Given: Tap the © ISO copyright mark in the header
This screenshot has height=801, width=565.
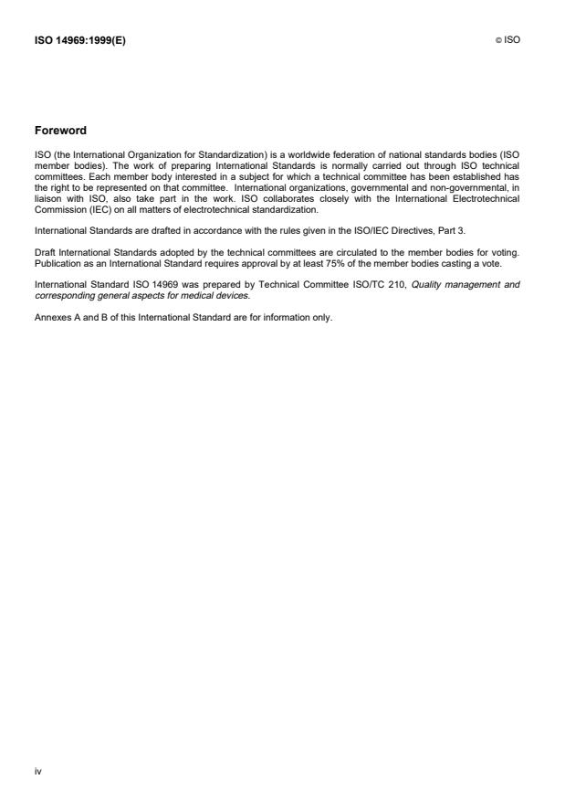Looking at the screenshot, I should point(507,40).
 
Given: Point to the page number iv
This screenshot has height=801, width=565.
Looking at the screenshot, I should point(38,772).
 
